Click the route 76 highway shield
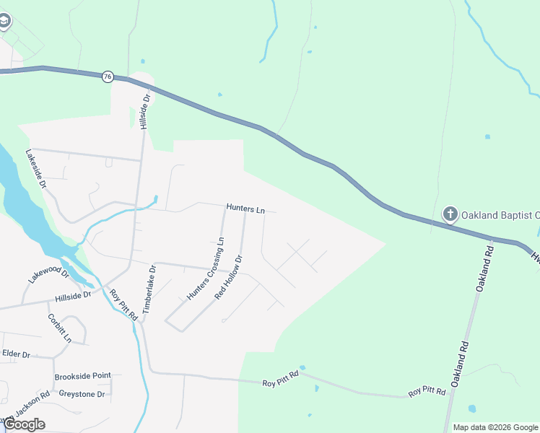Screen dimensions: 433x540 (x=107, y=76)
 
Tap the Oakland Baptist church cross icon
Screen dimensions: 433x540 (x=450, y=214)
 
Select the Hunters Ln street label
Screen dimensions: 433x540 (x=245, y=209)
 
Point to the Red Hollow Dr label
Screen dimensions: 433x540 (x=229, y=278)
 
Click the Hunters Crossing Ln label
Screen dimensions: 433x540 (x=206, y=268)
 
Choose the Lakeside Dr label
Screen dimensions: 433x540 (x=36, y=170)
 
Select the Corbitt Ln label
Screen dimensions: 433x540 (x=60, y=328)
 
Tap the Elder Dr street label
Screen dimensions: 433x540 (x=16, y=354)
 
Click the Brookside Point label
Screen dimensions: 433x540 (x=83, y=377)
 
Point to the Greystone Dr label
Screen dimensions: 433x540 (x=82, y=394)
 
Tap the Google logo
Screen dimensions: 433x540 (x=24, y=424)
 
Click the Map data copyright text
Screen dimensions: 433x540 (x=495, y=427)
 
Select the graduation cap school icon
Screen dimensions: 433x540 (x=4, y=21)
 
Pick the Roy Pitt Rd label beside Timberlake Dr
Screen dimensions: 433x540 (x=123, y=305)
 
